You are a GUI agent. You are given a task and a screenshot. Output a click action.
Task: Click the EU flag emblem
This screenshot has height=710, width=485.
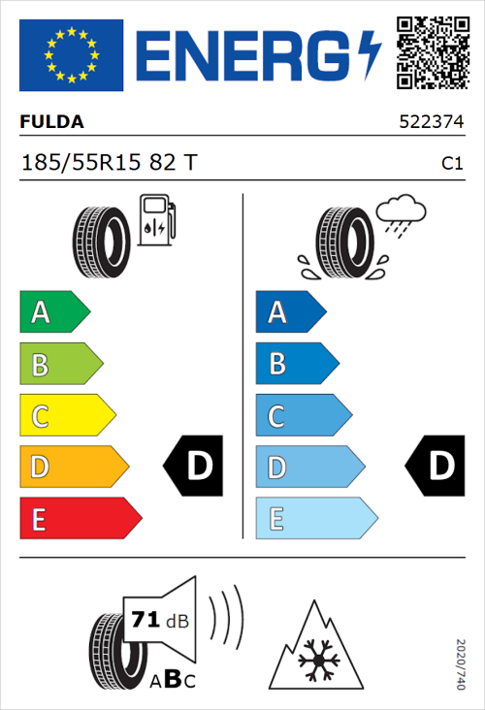71,55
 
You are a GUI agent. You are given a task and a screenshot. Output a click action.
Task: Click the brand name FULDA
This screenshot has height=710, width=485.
51,122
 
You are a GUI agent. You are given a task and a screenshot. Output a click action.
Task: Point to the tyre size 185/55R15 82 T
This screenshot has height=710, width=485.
109,163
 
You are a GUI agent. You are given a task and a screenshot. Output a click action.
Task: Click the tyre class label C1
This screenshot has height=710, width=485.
451,164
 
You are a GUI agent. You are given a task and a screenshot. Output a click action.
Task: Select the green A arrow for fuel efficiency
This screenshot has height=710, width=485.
53,312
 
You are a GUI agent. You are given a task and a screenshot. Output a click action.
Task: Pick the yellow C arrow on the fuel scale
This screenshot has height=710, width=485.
66,415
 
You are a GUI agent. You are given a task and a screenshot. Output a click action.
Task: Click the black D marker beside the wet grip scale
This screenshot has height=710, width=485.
434,467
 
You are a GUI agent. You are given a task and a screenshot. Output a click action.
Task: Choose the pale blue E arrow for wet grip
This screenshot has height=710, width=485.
314,518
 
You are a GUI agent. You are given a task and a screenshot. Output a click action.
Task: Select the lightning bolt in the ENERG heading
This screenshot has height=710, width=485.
370,55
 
